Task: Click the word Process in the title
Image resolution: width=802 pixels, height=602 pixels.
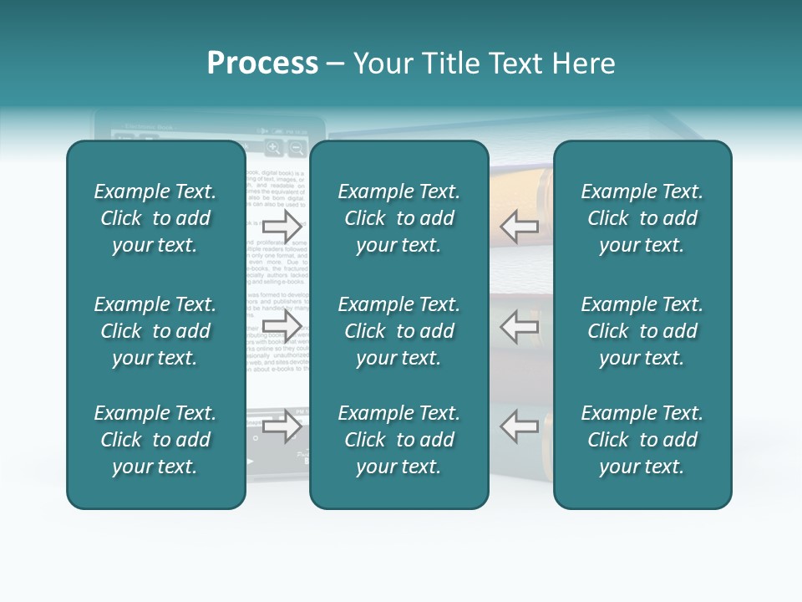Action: tap(262, 64)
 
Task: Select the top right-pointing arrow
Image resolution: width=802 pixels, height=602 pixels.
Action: tap(282, 226)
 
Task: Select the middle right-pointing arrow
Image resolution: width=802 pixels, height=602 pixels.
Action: tap(282, 327)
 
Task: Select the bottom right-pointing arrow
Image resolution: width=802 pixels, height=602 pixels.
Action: tap(282, 426)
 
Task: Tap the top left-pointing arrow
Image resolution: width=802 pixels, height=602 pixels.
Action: tap(520, 226)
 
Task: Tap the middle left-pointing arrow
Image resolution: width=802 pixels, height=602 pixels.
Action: tap(520, 327)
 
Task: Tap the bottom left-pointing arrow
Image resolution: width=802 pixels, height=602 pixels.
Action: tap(520, 426)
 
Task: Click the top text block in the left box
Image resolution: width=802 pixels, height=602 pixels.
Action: tap(155, 218)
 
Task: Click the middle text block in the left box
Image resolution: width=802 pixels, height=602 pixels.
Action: tap(155, 331)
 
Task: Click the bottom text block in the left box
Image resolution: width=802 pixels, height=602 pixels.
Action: tap(155, 440)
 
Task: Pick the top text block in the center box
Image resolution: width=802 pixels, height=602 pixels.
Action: tap(398, 218)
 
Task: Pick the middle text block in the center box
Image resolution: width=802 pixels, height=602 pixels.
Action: tap(398, 331)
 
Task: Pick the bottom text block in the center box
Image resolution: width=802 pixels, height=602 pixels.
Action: tap(398, 440)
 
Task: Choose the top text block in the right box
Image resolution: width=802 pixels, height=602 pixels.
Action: tap(642, 218)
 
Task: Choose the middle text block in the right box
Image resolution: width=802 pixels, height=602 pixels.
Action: tap(642, 331)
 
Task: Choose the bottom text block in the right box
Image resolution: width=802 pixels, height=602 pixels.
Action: tap(642, 440)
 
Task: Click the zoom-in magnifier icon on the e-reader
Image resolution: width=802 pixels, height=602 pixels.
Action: tap(274, 148)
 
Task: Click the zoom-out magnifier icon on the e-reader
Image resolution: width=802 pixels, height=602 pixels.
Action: tap(297, 148)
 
